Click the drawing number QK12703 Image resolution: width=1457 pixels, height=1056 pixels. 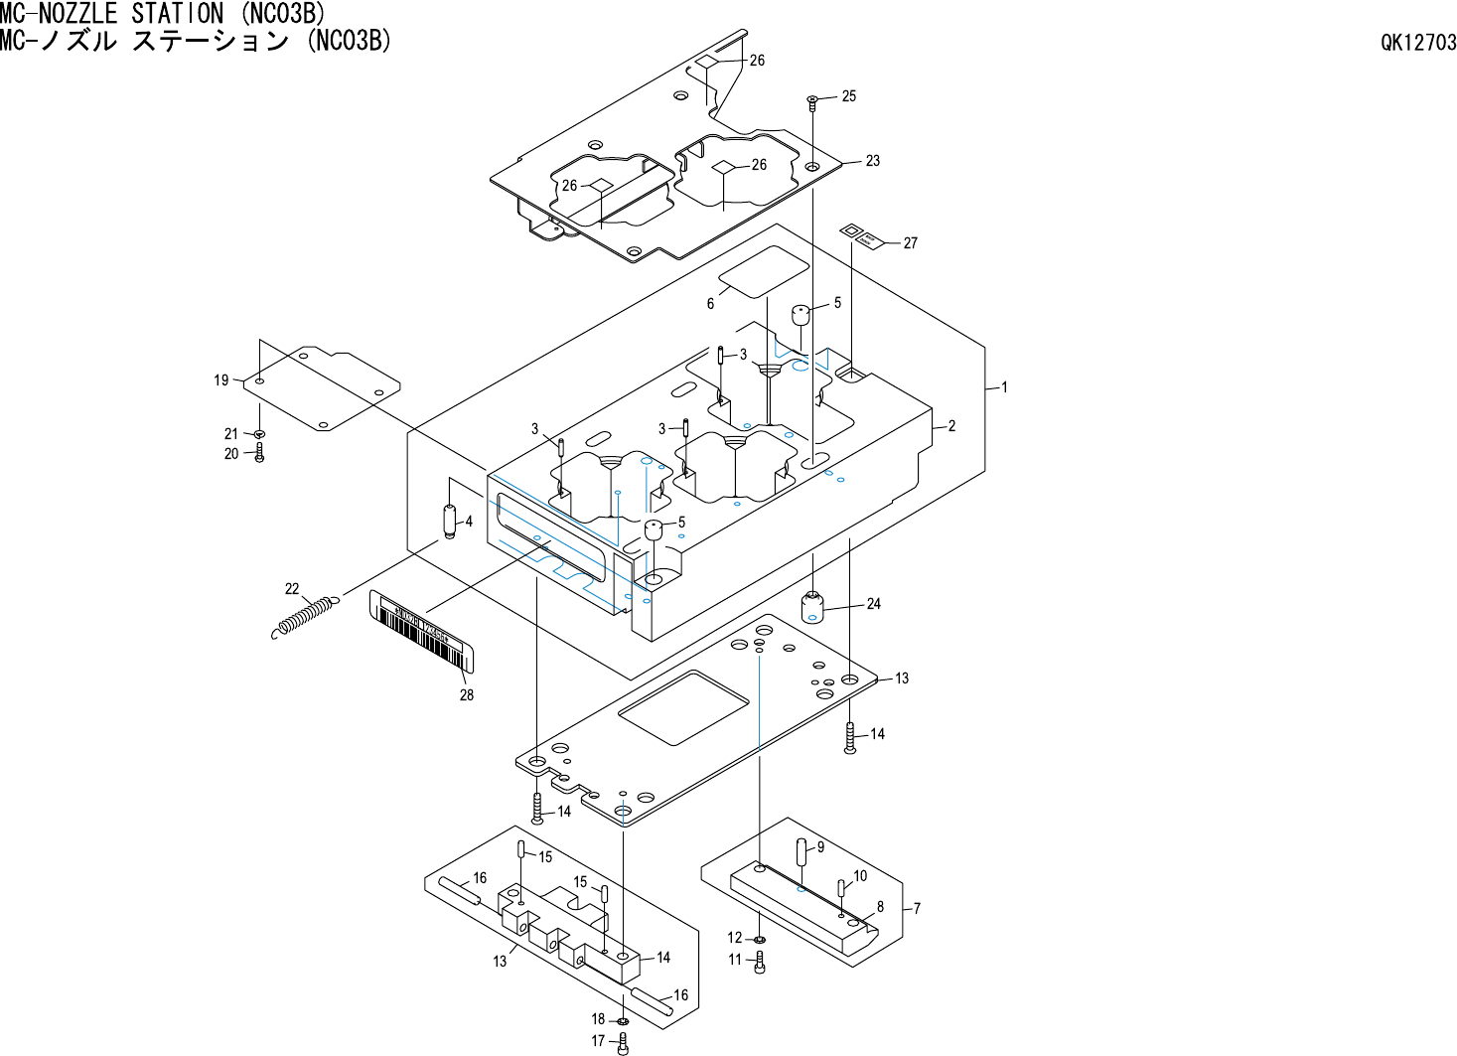1418,43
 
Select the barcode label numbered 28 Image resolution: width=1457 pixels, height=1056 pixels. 423,630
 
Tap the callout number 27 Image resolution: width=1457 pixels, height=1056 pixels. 910,243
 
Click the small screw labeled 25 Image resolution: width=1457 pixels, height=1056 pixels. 812,99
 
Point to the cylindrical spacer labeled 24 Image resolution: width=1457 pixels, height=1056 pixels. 812,605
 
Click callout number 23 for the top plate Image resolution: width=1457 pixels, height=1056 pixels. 872,161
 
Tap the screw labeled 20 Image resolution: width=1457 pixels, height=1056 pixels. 259,454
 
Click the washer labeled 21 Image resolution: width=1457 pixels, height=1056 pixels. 259,434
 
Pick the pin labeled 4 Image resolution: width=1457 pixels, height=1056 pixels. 449,522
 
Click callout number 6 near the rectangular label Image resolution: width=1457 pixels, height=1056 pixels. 710,304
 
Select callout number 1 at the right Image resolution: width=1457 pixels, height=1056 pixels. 1004,387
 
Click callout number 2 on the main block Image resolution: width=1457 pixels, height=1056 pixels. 951,426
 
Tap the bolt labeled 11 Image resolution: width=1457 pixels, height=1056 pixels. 760,961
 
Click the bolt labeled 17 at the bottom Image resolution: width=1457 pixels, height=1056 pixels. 623,1042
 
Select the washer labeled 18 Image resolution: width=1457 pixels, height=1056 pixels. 623,1020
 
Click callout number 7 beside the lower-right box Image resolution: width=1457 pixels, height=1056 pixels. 917,908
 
